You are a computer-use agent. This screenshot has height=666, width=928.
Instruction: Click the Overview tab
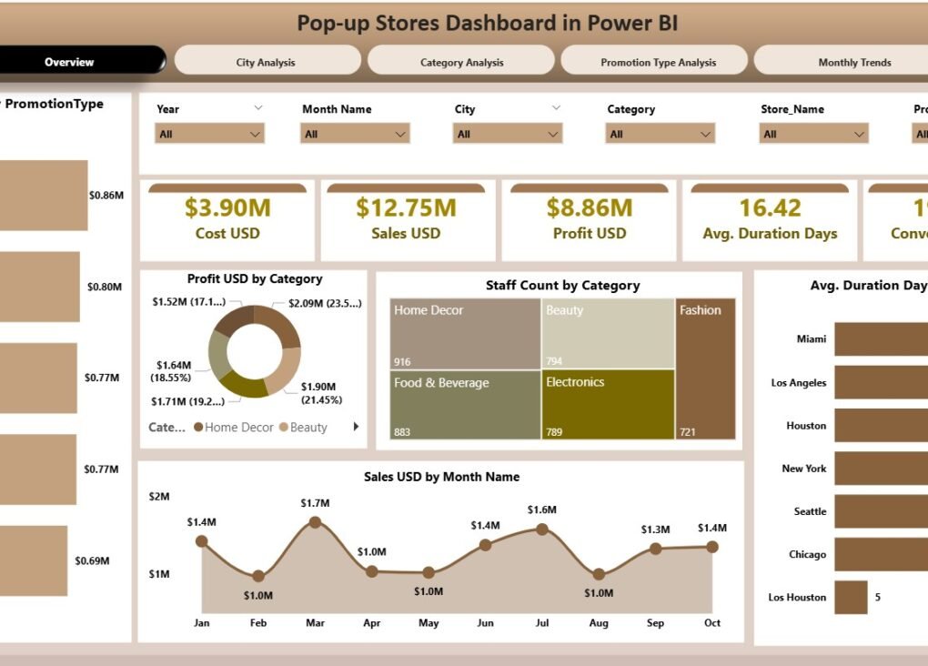[x=70, y=62]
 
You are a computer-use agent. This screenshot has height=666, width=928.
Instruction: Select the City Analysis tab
[x=266, y=62]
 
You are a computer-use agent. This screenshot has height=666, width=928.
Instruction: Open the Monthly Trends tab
[x=853, y=62]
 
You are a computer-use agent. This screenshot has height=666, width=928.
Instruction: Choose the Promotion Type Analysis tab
[x=658, y=62]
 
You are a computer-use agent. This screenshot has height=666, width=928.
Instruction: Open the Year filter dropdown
[x=209, y=134]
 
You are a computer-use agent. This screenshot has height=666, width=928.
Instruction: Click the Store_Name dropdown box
[x=813, y=134]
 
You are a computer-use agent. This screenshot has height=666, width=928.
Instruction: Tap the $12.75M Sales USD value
[x=406, y=208]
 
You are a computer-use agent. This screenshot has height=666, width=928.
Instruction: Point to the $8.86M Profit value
[x=589, y=208]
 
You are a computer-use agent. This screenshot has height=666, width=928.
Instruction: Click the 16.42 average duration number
[x=770, y=208]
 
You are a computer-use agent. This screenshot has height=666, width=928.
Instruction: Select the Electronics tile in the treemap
[x=608, y=404]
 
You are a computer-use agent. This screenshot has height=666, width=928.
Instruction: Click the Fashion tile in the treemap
[x=705, y=368]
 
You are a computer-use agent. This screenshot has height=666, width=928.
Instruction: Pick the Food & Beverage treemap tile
[x=465, y=404]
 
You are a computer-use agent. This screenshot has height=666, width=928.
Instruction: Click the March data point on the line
[x=315, y=522]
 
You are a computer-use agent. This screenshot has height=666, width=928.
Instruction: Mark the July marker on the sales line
[x=542, y=530]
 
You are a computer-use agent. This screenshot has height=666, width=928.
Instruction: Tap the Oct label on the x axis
[x=712, y=623]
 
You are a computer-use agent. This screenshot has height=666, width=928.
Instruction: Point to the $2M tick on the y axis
[x=159, y=496]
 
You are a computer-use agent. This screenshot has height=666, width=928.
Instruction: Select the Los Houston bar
[x=851, y=598]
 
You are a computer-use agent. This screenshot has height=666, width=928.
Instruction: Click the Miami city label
[x=811, y=339]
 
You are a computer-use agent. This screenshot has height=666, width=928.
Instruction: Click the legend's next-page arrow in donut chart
[x=356, y=427]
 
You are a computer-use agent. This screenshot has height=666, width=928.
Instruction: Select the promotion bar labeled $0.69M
[x=33, y=560]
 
